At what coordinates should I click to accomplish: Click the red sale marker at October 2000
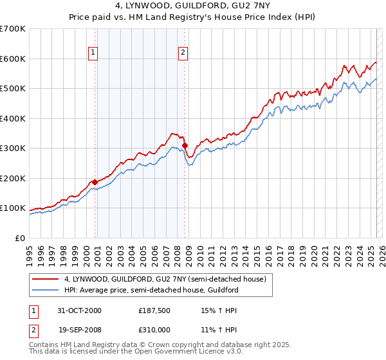coord(95,182)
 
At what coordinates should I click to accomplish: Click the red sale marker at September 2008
coord(185,146)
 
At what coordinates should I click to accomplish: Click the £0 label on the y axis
coord(20,238)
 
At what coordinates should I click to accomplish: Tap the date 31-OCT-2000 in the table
coord(79,310)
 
